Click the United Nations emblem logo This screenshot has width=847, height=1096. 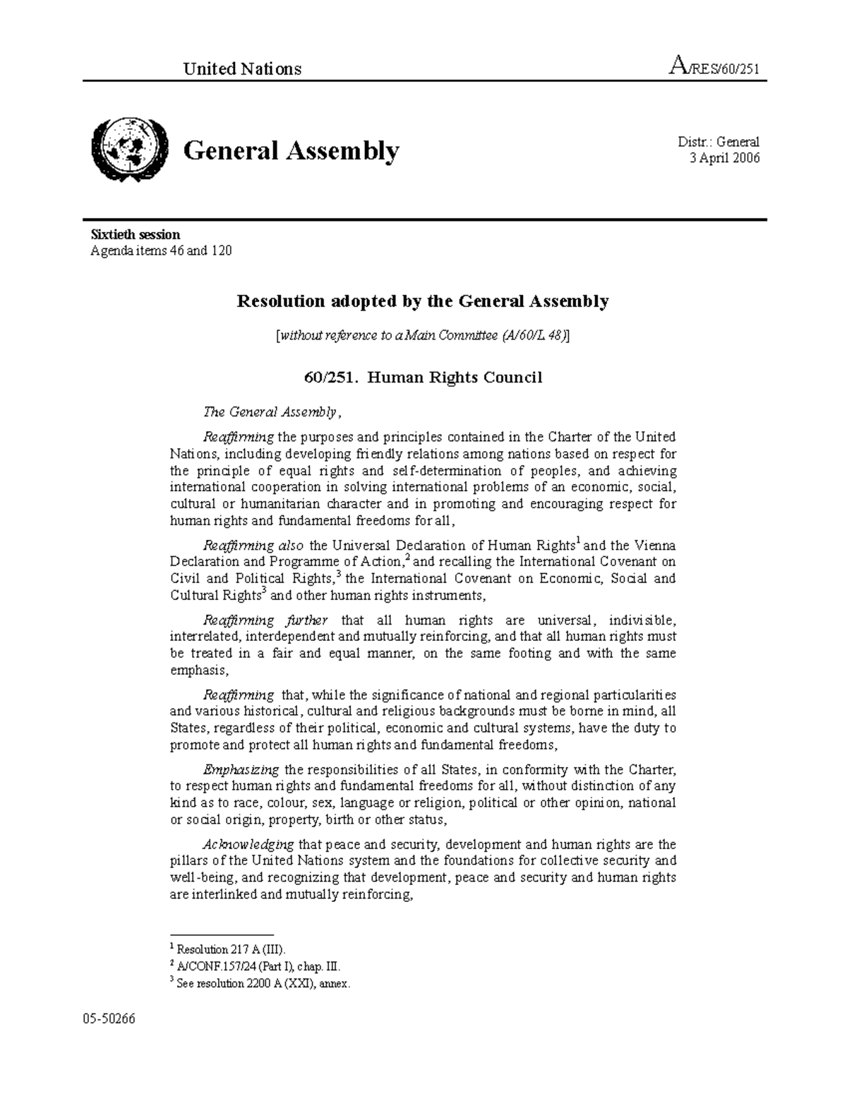point(129,150)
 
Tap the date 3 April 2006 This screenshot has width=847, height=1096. point(724,158)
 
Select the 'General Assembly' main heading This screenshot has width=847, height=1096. point(291,150)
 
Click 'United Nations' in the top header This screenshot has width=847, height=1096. point(242,68)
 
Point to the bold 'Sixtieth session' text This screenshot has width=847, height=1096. point(135,234)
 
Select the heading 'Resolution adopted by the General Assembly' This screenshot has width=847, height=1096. point(422,301)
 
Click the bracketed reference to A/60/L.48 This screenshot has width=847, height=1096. point(422,336)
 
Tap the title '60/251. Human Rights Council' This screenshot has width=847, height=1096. point(422,378)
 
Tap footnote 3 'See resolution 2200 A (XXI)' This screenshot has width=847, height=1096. point(260,983)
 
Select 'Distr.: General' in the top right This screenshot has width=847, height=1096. point(718,142)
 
